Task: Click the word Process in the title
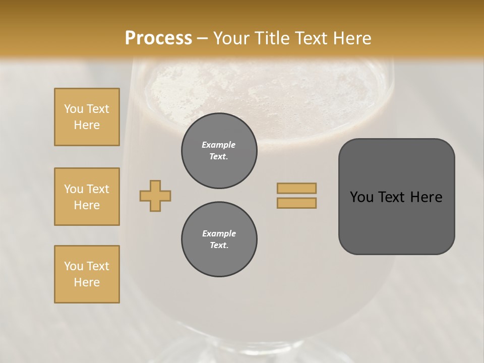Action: (x=158, y=38)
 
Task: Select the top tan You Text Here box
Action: (x=87, y=117)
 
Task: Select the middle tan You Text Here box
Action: (x=87, y=197)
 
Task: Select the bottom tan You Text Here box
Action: (x=87, y=274)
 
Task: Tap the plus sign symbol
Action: (x=155, y=196)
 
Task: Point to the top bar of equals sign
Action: (x=296, y=188)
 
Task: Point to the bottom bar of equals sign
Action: (x=296, y=203)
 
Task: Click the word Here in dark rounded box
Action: (x=426, y=197)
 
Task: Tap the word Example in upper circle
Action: (x=219, y=145)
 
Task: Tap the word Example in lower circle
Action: (x=219, y=233)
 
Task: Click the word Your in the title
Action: (x=232, y=38)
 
